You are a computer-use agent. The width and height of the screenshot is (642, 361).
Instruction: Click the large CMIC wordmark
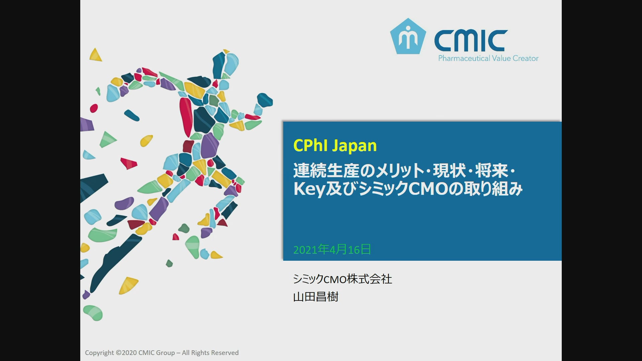pyautogui.click(x=471, y=41)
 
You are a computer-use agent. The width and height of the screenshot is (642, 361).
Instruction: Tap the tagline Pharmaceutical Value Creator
pyautogui.click(x=488, y=58)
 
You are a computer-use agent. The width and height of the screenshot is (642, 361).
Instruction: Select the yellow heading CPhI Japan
pyautogui.click(x=335, y=146)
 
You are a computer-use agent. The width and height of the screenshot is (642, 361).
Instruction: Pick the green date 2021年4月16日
pyautogui.click(x=332, y=250)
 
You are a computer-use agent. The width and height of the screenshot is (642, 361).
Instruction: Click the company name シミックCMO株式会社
pyautogui.click(x=342, y=279)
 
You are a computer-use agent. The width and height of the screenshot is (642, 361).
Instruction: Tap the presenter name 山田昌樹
pyautogui.click(x=316, y=297)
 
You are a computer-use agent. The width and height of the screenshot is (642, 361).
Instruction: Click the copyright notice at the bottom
pyautogui.click(x=162, y=353)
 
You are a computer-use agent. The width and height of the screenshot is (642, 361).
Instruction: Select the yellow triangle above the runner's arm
pyautogui.click(x=95, y=55)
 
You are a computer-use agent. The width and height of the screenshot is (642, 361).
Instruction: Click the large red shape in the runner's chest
pyautogui.click(x=186, y=115)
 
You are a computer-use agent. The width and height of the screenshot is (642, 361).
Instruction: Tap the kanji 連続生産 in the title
pyautogui.click(x=326, y=170)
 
